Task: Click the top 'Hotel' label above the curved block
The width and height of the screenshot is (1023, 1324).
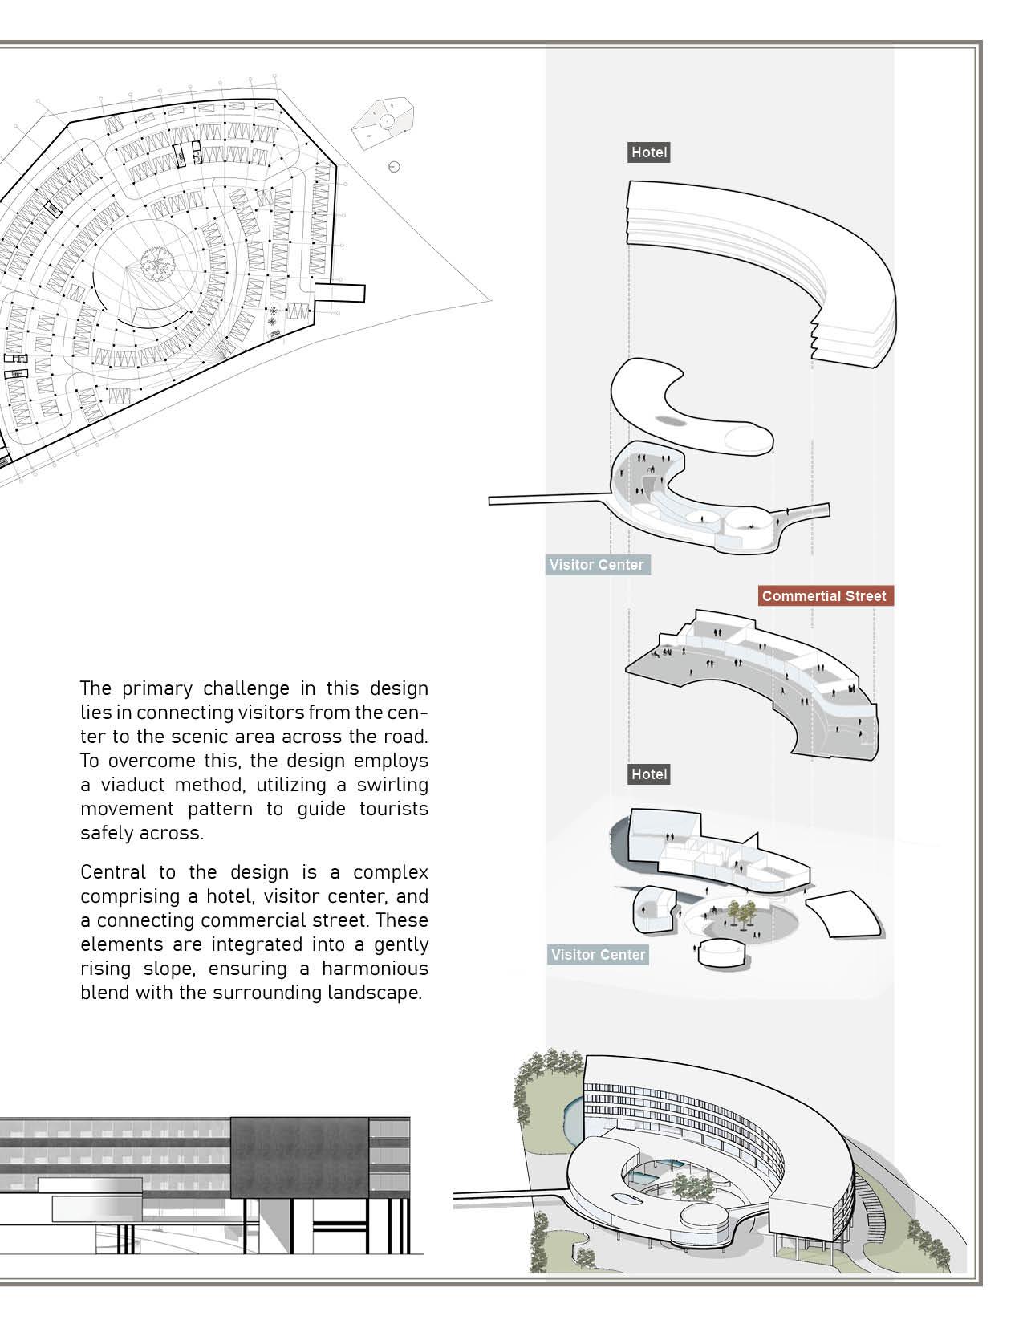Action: pos(648,152)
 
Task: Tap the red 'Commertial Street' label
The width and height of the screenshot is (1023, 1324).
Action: pos(824,596)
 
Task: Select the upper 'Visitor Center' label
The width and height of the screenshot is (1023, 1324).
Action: pos(596,565)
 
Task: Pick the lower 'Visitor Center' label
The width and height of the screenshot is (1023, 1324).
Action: pos(598,955)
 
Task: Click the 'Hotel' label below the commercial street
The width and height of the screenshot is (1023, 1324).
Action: pos(648,774)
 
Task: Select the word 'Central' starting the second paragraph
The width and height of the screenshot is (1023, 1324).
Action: pos(113,872)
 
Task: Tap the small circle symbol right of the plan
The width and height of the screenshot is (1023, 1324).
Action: pos(393,167)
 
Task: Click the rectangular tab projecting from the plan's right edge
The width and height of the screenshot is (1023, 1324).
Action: pos(340,292)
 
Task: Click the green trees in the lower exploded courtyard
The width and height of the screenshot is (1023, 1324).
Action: pos(741,912)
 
